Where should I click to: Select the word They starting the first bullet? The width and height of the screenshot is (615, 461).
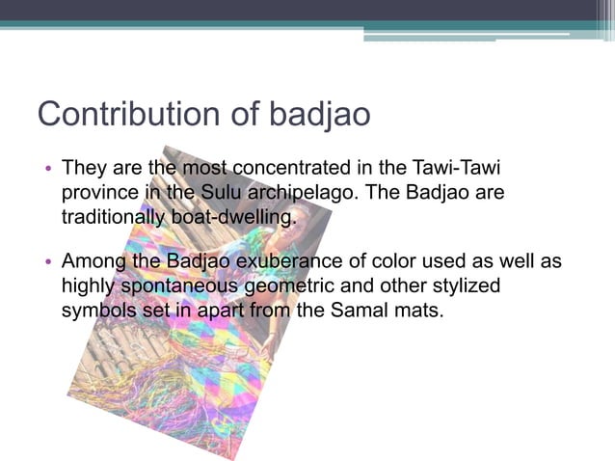point(84,168)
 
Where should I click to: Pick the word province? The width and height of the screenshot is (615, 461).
point(100,192)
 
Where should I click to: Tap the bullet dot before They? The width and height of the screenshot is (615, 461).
point(47,170)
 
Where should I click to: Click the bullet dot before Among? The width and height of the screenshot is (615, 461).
point(47,263)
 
